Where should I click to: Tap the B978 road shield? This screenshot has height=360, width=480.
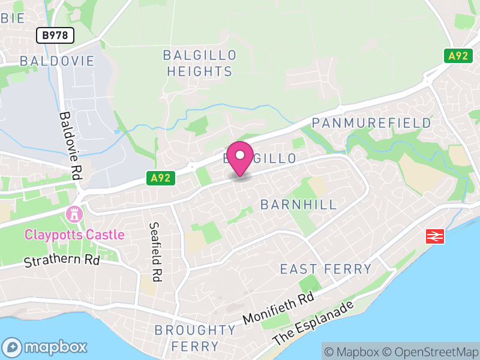(x=55, y=36)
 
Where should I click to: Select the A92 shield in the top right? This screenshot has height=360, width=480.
(x=457, y=56)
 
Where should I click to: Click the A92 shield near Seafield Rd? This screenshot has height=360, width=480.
(x=161, y=178)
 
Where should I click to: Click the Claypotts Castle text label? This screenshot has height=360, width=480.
(x=75, y=235)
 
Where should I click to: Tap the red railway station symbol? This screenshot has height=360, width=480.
(x=435, y=236)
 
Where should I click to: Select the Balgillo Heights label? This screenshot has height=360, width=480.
(x=200, y=63)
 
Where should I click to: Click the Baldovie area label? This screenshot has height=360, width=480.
(x=57, y=61)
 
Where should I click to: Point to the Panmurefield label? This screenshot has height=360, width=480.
(x=372, y=123)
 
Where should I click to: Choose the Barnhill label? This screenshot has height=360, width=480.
(x=299, y=205)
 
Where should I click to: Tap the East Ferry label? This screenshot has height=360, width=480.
(x=326, y=269)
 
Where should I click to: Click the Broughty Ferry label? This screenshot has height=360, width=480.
(x=196, y=338)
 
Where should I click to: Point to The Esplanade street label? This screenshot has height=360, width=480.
(x=313, y=322)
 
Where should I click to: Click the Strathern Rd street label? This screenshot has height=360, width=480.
(x=62, y=261)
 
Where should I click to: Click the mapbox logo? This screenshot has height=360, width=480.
(x=46, y=347)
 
